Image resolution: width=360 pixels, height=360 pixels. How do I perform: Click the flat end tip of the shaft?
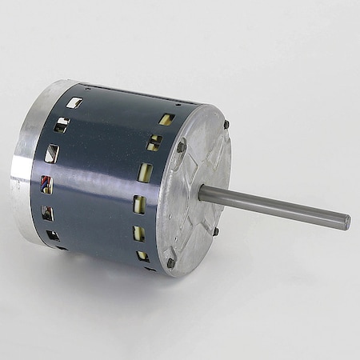coord(346,222)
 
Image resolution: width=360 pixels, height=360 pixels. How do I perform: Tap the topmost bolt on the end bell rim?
coord(226,124)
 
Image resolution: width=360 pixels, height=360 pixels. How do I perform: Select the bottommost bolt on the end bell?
coord(170,262)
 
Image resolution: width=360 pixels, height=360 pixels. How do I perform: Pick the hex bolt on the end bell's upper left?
coord(181,146)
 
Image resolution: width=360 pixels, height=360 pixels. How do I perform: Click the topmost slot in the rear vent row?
coord(74,102)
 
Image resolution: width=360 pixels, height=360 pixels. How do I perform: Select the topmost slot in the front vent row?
coord(166,119)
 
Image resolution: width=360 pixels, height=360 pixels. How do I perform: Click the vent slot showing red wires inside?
coord(47,185)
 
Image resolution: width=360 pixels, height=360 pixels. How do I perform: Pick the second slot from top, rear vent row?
coord(62,125)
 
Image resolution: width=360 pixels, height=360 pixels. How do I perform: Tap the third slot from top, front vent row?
coord(145,173)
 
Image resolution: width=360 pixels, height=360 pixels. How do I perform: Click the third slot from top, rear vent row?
coord(52,154)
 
